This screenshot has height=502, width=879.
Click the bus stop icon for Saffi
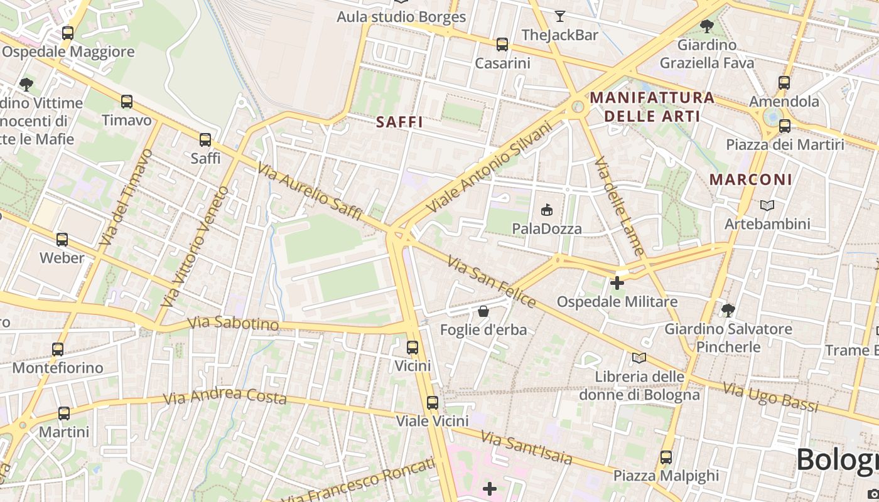pyautogui.click(x=205, y=140)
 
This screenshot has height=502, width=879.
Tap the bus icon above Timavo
pyautogui.click(x=127, y=101)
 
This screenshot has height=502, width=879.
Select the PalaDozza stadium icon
pyautogui.click(x=547, y=210)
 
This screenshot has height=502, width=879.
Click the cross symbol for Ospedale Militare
pyautogui.click(x=617, y=283)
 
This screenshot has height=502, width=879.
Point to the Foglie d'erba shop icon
pyautogui.click(x=483, y=311)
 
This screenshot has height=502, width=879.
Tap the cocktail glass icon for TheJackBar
pyautogui.click(x=560, y=16)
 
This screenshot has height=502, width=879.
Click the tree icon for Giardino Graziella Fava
pyautogui.click(x=706, y=26)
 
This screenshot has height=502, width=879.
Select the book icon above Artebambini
pyautogui.click(x=767, y=205)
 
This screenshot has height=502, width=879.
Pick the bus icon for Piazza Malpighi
pyautogui.click(x=666, y=457)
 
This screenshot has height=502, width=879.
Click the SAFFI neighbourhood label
pyautogui.click(x=400, y=122)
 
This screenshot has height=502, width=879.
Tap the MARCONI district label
pyautogui.click(x=751, y=179)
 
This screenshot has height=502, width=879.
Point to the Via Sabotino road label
pyautogui.click(x=233, y=323)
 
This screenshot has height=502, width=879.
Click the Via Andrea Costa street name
pyautogui.click(x=225, y=397)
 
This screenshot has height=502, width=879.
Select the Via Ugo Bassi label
pyautogui.click(x=770, y=397)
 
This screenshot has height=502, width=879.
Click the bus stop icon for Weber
pyautogui.click(x=62, y=239)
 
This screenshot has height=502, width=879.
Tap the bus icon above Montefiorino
pyautogui.click(x=58, y=349)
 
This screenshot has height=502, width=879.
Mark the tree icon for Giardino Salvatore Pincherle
pyautogui.click(x=728, y=310)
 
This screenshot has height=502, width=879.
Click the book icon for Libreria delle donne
pyautogui.click(x=639, y=358)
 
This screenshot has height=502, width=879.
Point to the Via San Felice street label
pyautogui.click(x=492, y=282)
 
